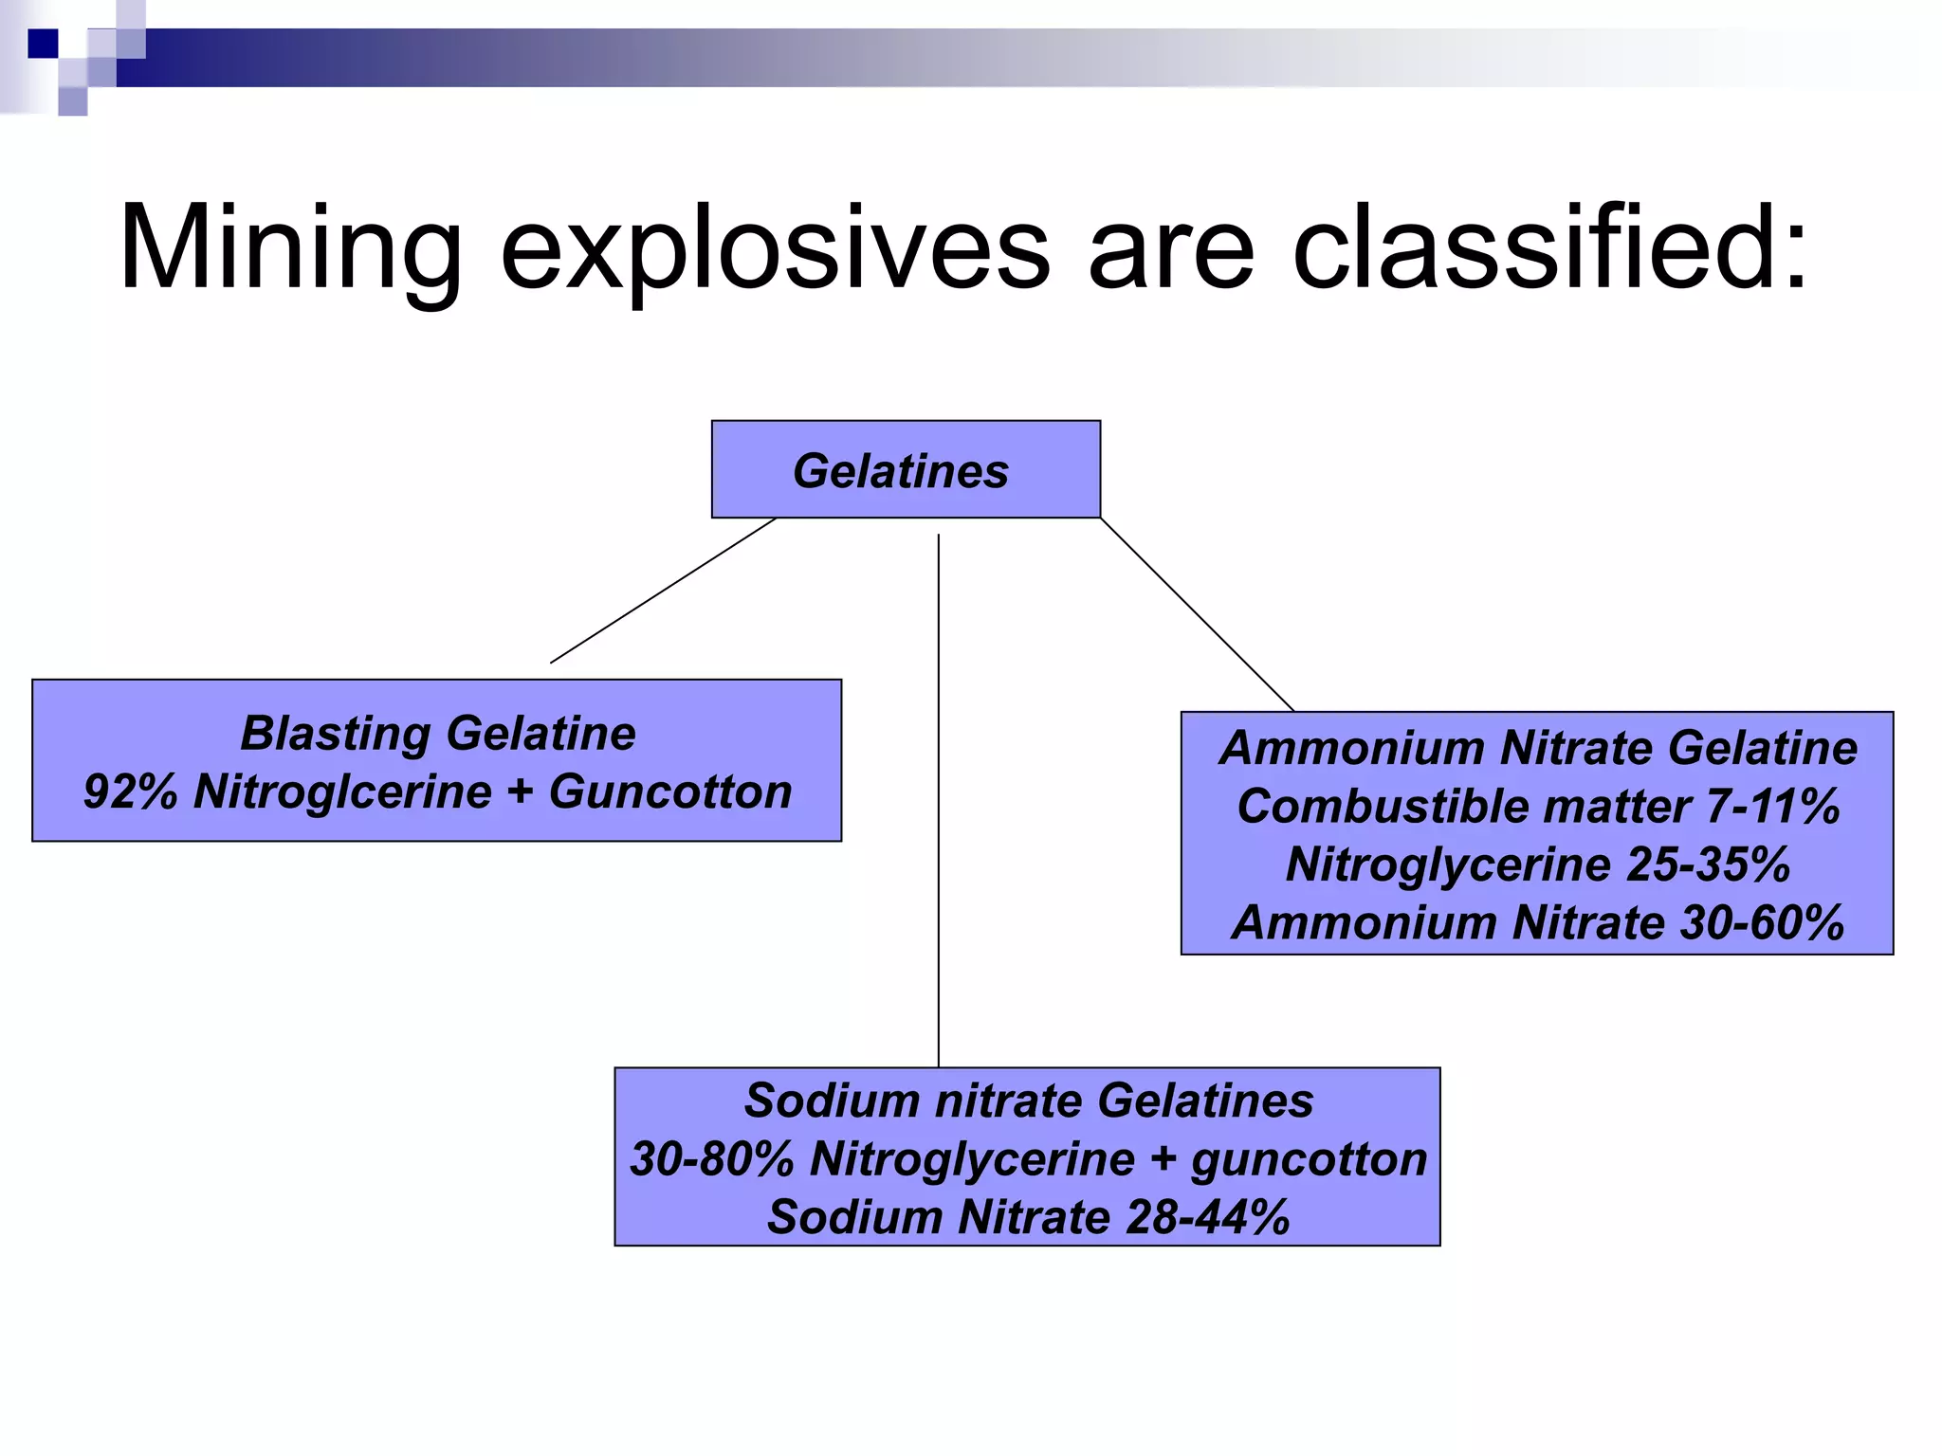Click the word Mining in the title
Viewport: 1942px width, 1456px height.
[x=290, y=248]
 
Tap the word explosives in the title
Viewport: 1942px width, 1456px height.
[x=775, y=248]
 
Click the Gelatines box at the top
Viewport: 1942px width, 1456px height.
[x=905, y=470]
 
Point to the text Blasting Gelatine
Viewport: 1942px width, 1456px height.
[x=437, y=733]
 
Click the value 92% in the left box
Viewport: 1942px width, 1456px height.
[x=130, y=792]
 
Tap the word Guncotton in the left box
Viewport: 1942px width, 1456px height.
[x=670, y=792]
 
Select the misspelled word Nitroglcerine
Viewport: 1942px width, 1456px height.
[x=342, y=792]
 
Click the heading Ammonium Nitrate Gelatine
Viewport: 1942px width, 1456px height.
[x=1537, y=748]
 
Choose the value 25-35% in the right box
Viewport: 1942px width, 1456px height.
[x=1708, y=864]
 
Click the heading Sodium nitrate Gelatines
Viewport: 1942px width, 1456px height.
[x=1028, y=1101]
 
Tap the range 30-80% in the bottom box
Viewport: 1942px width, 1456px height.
[x=711, y=1158]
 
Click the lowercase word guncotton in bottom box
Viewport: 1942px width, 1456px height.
[x=1309, y=1158]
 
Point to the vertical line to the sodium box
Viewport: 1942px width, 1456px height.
[x=939, y=806]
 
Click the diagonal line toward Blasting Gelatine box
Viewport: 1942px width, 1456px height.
[x=664, y=591]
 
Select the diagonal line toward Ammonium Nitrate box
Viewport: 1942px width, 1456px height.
[x=1197, y=614]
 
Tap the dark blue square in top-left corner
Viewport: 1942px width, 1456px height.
[x=43, y=44]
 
